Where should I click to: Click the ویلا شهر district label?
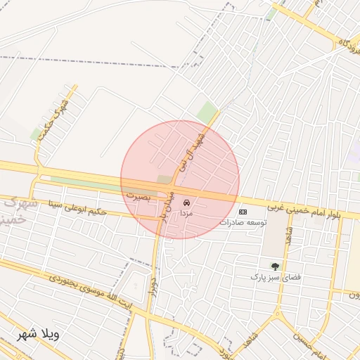(x=39, y=334)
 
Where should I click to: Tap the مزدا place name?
(x=186, y=212)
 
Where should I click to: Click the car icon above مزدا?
(x=186, y=202)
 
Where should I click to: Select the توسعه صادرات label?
(x=243, y=222)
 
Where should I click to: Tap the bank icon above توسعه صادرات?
(x=243, y=212)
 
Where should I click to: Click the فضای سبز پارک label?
(x=275, y=277)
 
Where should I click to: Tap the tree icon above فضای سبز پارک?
(x=275, y=266)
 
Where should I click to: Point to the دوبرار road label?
(x=151, y=283)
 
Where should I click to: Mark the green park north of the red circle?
(x=207, y=110)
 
